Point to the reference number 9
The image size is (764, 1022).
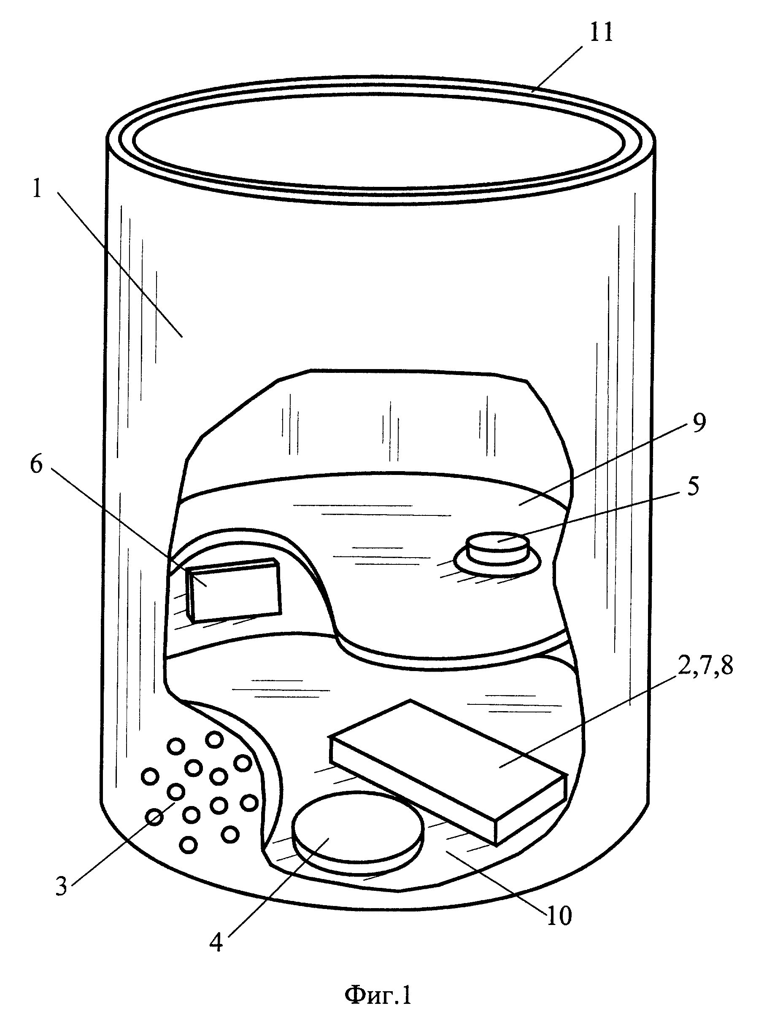pyautogui.click(x=699, y=422)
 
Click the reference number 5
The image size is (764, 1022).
pyautogui.click(x=693, y=486)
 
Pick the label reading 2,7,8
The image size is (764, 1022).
pyautogui.click(x=705, y=667)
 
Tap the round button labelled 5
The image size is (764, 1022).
pyautogui.click(x=497, y=549)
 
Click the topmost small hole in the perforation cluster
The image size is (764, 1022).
pyautogui.click(x=214, y=740)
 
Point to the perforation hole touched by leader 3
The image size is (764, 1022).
pyautogui.click(x=175, y=792)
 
